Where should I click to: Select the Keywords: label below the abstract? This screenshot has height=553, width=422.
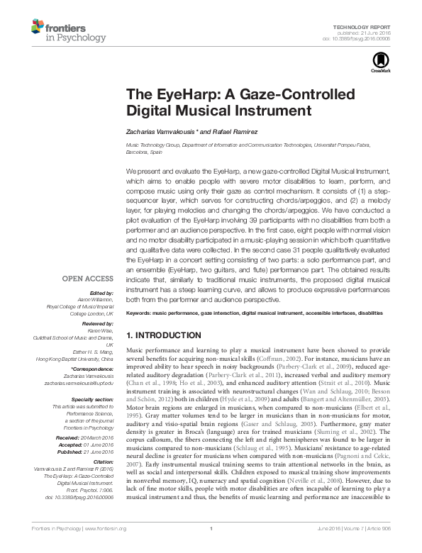[141, 313]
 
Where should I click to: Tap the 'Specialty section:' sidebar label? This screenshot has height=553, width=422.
[92, 400]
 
